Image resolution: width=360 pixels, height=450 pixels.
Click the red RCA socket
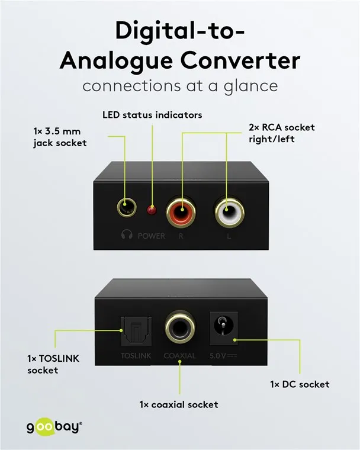[181, 211]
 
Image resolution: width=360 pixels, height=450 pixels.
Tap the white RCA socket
[229, 211]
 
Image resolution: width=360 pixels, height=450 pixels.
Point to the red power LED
[152, 210]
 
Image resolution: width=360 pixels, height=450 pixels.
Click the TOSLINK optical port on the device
[136, 330]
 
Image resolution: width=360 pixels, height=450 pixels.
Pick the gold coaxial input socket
[180, 327]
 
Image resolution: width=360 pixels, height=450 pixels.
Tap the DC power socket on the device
[224, 328]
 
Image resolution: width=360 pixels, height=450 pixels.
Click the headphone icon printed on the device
[127, 234]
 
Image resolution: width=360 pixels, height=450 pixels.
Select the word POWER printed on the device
[152, 236]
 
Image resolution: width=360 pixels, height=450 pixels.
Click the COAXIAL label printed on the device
[180, 356]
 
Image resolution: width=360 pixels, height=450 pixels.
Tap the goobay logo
[54, 427]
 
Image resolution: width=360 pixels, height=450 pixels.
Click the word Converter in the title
[240, 60]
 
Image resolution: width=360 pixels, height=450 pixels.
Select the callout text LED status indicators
[152, 115]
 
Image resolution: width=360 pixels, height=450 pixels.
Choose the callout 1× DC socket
[300, 384]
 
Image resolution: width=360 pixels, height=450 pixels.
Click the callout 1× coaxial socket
[179, 404]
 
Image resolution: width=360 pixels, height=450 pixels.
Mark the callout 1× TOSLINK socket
[53, 364]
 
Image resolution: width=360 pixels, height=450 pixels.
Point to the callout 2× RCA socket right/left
[282, 133]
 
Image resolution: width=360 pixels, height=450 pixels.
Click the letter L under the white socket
[229, 236]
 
